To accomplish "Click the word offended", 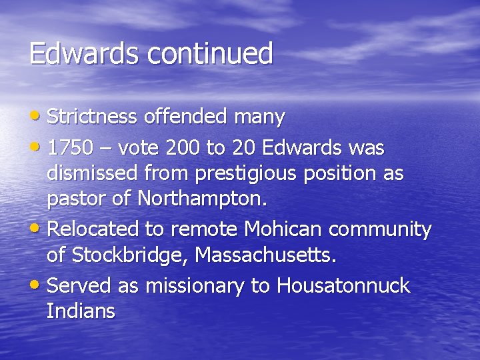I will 188,117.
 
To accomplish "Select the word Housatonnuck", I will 343,286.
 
